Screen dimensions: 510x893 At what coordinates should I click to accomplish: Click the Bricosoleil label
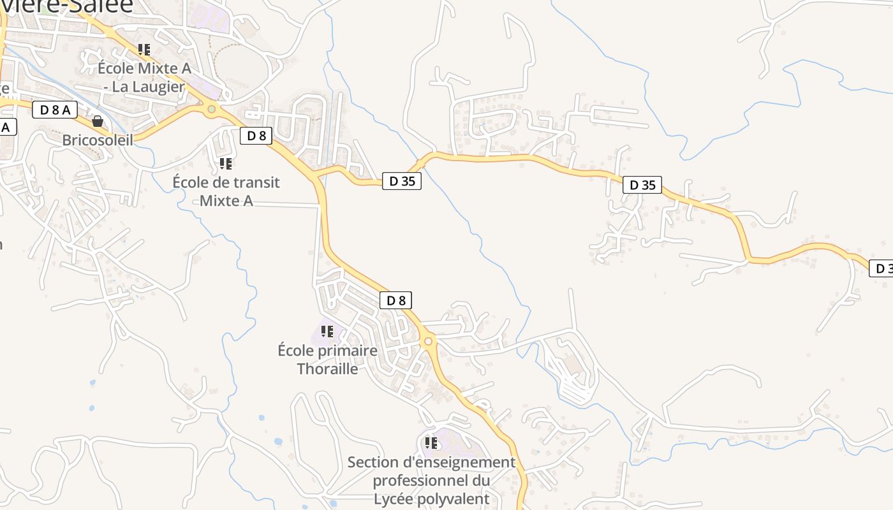98,140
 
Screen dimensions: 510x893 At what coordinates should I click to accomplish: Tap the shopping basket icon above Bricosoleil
98,120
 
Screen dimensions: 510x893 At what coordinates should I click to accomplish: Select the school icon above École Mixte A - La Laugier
144,49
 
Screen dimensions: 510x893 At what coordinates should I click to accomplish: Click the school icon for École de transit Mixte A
226,164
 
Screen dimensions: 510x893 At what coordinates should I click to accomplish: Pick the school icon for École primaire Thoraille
327,331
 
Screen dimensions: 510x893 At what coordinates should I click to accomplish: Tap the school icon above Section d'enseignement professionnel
431,442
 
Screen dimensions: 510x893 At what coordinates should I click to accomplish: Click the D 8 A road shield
54,110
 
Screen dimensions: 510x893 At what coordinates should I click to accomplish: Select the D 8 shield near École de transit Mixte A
256,135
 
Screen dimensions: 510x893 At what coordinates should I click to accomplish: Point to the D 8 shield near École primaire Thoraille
395,300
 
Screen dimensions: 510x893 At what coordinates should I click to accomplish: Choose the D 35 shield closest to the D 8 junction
402,181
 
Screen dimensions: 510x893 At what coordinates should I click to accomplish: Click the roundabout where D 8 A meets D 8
212,110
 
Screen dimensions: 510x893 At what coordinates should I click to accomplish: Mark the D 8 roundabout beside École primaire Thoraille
428,342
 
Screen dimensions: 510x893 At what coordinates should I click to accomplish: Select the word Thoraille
327,368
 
